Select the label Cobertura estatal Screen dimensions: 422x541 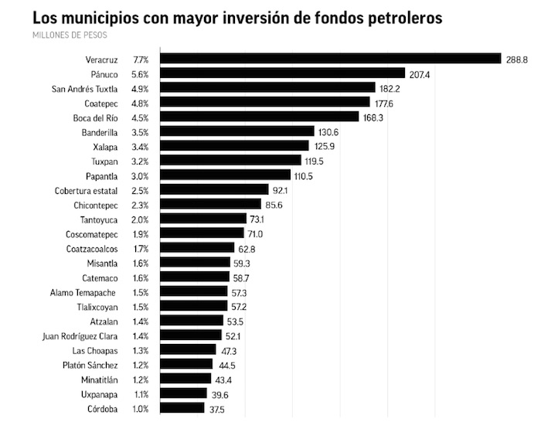[86, 190]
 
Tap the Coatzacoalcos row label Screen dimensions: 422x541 [92, 248]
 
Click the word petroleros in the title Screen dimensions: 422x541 [398, 17]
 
